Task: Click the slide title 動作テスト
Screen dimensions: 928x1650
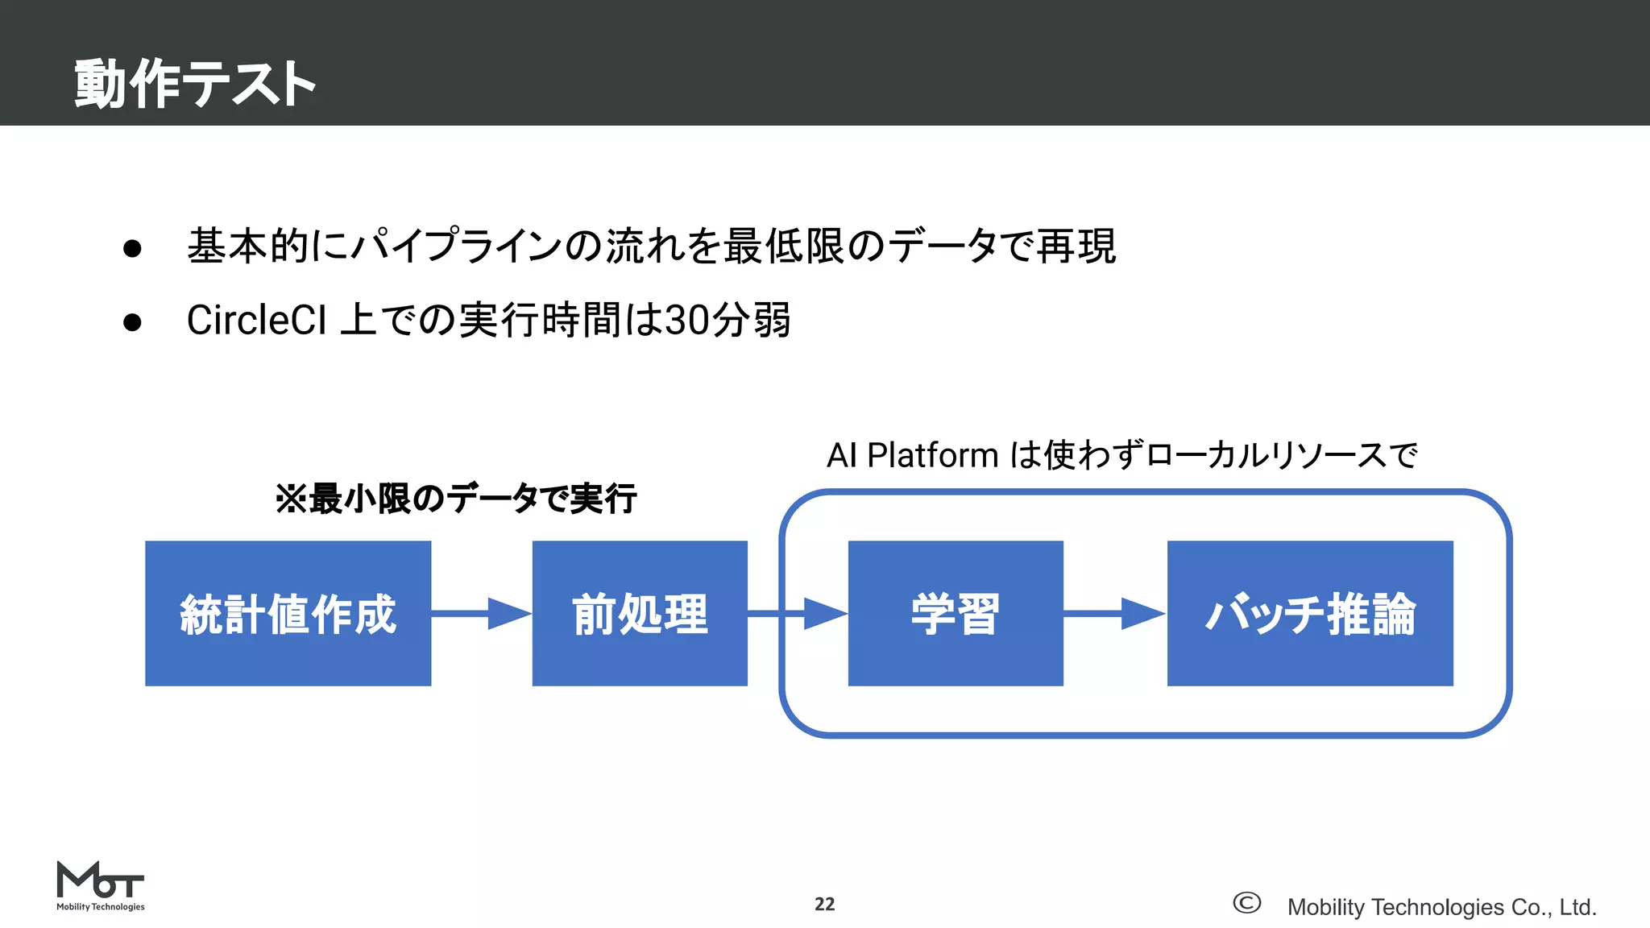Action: [x=195, y=83]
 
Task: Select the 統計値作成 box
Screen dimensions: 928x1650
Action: [x=288, y=613]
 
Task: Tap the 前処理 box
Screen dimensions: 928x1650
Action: [x=640, y=613]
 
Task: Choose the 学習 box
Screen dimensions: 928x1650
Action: [x=956, y=613]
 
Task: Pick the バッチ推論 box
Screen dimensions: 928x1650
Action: [x=1310, y=613]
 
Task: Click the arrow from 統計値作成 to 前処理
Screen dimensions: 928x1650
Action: [x=482, y=614]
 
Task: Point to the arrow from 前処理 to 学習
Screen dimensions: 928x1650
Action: [x=798, y=614]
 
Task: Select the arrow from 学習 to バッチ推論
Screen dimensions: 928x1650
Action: [x=1115, y=614]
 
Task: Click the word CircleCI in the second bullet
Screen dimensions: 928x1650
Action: [x=256, y=321]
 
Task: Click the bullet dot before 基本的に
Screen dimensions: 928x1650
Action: [x=132, y=248]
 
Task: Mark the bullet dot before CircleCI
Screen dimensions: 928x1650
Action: [x=132, y=322]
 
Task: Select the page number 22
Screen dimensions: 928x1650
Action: [x=824, y=904]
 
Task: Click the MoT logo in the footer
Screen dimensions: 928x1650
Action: [x=100, y=885]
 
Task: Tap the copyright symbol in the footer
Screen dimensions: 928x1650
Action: [x=1246, y=903]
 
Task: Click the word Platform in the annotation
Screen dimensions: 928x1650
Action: [x=932, y=456]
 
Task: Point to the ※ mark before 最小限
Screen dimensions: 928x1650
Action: [x=290, y=499]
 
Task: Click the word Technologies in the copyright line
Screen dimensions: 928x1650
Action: [x=1436, y=907]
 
